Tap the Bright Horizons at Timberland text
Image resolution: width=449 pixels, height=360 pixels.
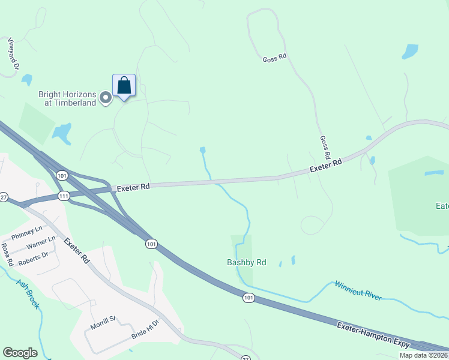click(67, 98)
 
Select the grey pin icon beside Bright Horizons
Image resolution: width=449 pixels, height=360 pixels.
click(106, 98)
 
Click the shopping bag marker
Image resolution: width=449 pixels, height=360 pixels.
click(124, 86)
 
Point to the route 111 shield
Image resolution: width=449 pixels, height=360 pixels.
click(63, 196)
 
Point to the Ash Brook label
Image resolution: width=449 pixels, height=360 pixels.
click(28, 295)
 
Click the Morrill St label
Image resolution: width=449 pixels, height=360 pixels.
click(102, 325)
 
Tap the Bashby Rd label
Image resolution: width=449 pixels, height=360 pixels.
click(246, 262)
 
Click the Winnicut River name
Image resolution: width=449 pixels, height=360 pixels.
click(358, 290)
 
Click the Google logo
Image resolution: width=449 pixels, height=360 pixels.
click(20, 353)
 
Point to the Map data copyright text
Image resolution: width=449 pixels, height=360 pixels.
click(424, 355)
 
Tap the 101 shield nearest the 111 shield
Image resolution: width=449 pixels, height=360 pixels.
click(62, 175)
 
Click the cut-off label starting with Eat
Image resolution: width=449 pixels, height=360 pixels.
click(442, 206)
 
